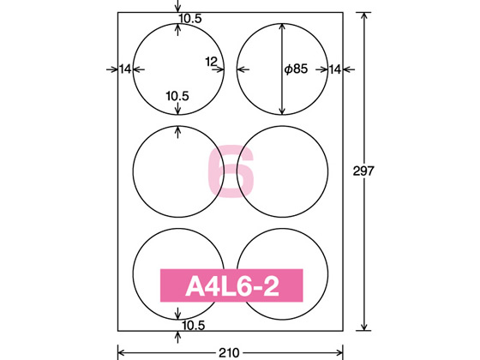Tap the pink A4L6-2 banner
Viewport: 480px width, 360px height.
click(x=231, y=285)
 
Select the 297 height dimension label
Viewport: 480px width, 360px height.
click(x=363, y=171)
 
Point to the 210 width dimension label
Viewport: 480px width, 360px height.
click(x=229, y=353)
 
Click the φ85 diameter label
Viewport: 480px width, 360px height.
click(x=296, y=69)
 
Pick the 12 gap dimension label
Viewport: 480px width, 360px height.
click(x=211, y=62)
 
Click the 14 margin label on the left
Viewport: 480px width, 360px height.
click(x=125, y=69)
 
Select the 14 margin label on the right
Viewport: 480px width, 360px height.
click(x=334, y=69)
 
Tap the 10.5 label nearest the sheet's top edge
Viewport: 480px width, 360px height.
click(x=190, y=19)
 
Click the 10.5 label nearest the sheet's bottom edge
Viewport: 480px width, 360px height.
click(x=194, y=326)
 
